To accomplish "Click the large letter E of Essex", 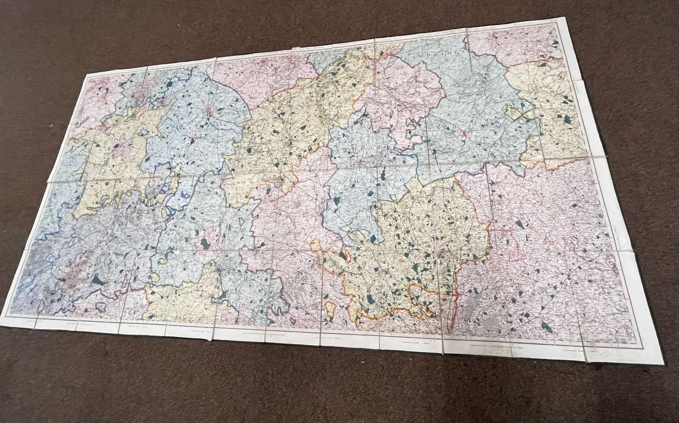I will [527, 238].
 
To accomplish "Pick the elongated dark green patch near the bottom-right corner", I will [547, 326].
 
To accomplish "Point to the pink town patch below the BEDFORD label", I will [360, 161].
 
